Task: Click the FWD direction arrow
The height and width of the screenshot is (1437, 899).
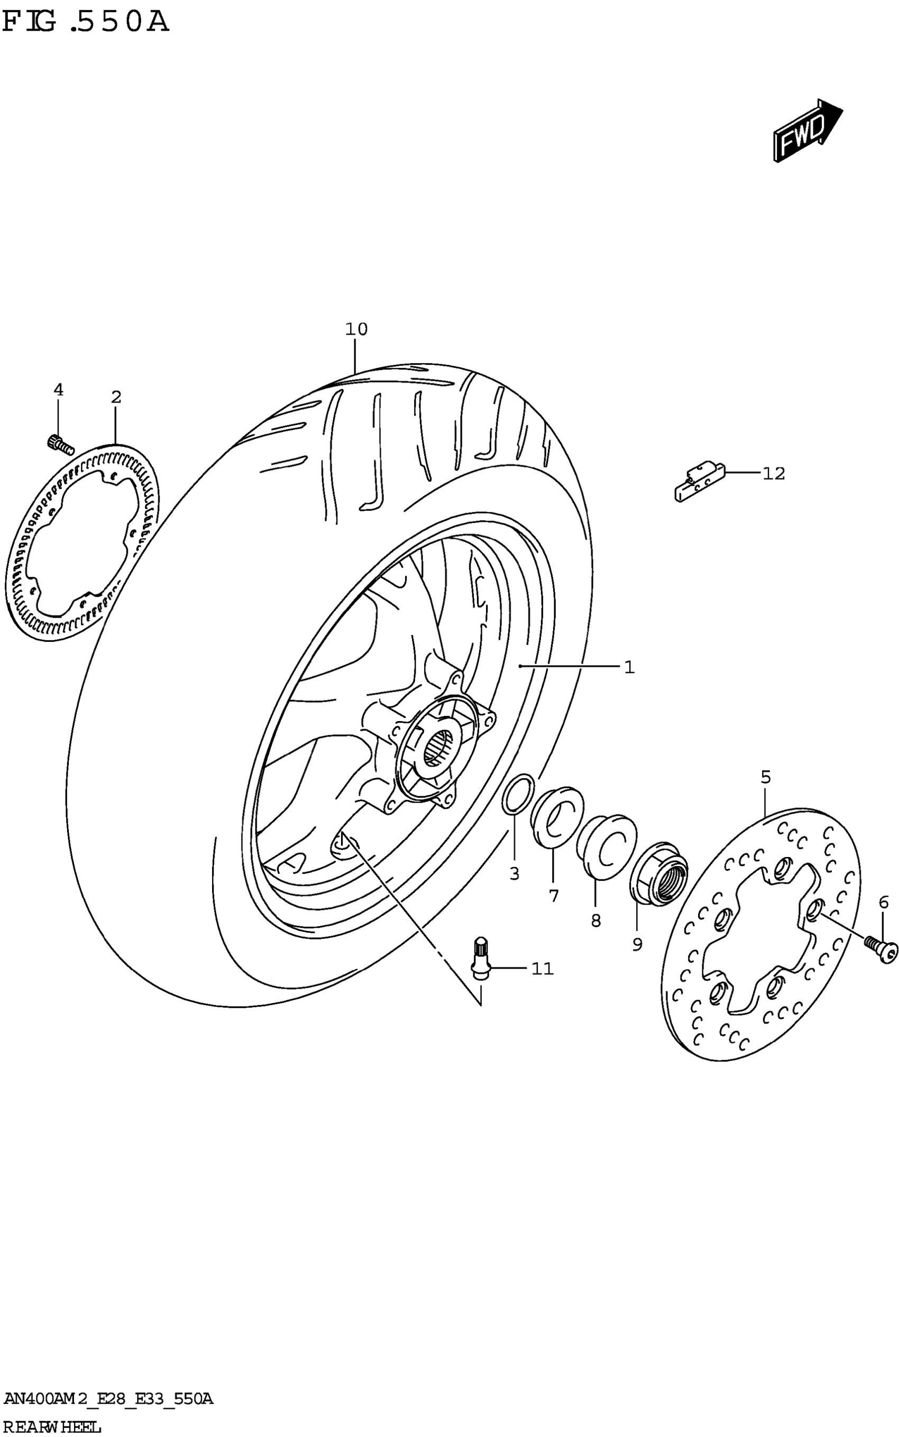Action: coord(806,131)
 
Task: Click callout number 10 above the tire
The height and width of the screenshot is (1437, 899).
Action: coord(356,329)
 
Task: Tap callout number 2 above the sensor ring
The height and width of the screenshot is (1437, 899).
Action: coord(116,397)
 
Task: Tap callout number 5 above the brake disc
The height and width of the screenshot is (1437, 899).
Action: coord(766,777)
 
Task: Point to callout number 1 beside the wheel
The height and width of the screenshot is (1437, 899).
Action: coord(629,667)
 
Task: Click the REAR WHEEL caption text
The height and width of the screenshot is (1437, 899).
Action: coord(52,1426)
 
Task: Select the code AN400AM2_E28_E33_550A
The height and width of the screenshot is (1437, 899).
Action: coord(108,1398)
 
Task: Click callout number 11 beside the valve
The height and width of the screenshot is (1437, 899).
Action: coord(542,969)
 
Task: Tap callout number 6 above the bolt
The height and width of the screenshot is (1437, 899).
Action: coord(884,902)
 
